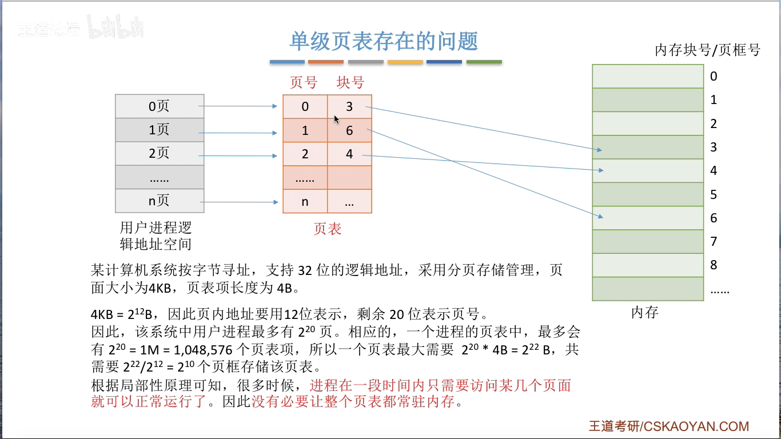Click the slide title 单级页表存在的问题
(384, 41)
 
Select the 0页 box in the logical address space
(160, 106)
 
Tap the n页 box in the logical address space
(160, 201)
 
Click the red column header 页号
(304, 83)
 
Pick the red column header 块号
(350, 83)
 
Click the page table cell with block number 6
(349, 131)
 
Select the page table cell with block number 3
(349, 106)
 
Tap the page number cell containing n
(305, 201)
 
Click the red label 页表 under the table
(327, 229)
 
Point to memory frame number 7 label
(714, 242)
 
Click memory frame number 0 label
(714, 77)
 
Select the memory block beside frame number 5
(648, 194)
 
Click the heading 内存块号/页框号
(707, 50)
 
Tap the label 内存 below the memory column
(645, 313)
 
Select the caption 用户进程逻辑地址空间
(156, 236)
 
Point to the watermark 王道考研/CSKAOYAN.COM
(669, 426)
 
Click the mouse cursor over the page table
(337, 119)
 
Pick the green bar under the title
(484, 62)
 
